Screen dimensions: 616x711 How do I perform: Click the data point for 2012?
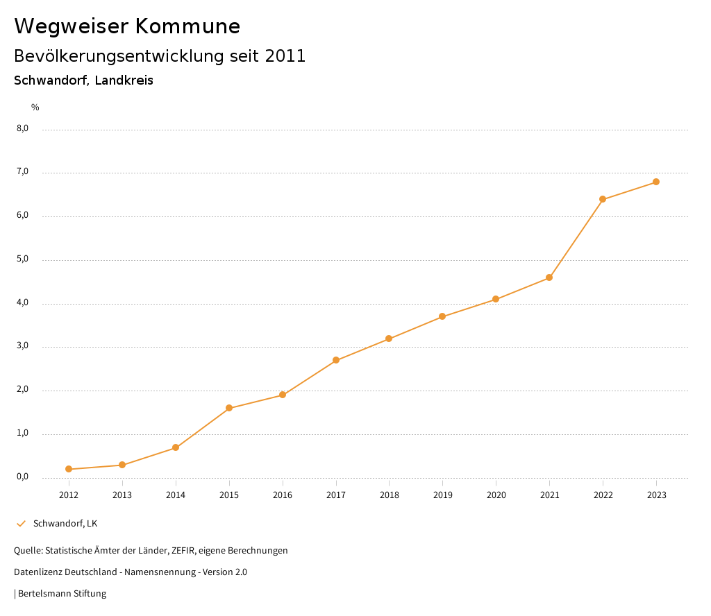click(69, 469)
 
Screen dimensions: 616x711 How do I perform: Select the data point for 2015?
click(229, 408)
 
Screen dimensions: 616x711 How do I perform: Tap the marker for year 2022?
click(603, 199)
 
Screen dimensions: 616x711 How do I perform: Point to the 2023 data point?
click(656, 182)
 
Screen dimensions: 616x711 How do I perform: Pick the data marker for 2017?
click(336, 360)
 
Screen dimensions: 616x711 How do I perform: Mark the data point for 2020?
click(496, 299)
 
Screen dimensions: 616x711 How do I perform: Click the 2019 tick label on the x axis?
click(442, 495)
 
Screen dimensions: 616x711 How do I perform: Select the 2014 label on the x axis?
click(176, 495)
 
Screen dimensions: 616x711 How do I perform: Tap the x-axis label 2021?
click(549, 495)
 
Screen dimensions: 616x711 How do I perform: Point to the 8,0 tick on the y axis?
click(22, 128)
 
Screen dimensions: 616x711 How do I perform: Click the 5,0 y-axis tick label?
click(22, 259)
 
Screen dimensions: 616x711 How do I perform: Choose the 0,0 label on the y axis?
click(22, 477)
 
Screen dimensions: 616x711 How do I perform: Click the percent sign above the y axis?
click(35, 107)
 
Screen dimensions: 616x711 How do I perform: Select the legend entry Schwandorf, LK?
click(65, 523)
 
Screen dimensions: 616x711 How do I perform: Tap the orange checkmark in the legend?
click(21, 523)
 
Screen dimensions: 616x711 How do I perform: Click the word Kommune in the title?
click(187, 26)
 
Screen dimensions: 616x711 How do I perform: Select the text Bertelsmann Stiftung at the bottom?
click(62, 594)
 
